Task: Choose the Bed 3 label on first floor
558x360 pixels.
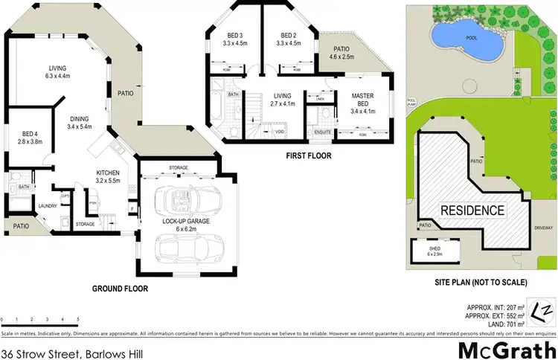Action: pos(234,39)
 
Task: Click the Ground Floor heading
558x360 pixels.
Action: pos(120,289)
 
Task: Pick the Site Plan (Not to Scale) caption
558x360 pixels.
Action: pos(481,283)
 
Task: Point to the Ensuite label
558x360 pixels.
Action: pos(322,132)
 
